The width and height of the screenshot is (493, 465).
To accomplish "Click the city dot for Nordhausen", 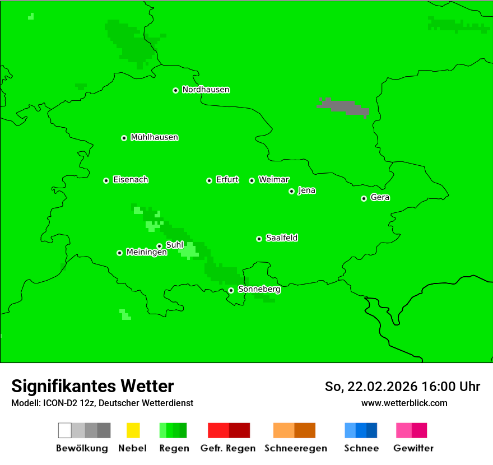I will click(175, 90).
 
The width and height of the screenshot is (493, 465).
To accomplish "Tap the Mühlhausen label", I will click(154, 137).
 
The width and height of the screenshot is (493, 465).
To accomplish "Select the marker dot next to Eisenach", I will click(106, 180).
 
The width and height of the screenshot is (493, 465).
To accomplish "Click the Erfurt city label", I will click(227, 180).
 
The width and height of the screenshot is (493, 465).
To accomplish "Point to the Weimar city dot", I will click(252, 180).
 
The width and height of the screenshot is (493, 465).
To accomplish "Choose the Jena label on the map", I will click(306, 190).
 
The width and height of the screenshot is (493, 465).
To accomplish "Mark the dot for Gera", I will click(364, 198).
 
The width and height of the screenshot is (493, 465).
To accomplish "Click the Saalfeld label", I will click(281, 238).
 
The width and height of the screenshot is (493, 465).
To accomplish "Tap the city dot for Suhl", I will click(159, 246).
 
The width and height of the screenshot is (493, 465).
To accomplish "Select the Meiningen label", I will click(146, 253).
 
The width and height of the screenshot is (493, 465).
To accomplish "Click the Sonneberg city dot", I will click(231, 290).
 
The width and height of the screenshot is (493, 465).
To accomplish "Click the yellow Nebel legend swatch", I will click(133, 430).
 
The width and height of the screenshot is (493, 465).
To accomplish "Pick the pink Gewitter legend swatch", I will click(411, 430).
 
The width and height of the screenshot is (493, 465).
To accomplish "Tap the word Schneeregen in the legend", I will click(295, 448).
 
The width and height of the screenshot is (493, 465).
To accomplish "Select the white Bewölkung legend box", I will click(64, 430).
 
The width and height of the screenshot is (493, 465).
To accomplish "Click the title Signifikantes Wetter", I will click(92, 386).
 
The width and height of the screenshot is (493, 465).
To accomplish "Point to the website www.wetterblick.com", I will click(404, 403).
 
